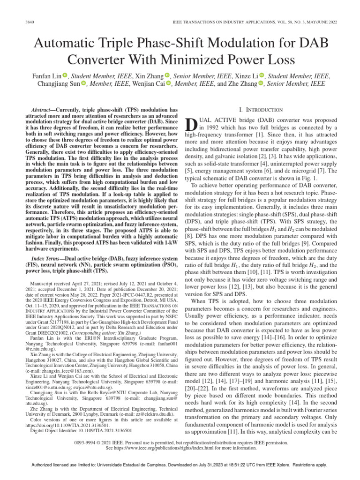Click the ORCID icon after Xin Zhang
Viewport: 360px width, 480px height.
pyautogui.click(x=167, y=75)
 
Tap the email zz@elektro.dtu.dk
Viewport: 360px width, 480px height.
pyautogui.click(x=139, y=414)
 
